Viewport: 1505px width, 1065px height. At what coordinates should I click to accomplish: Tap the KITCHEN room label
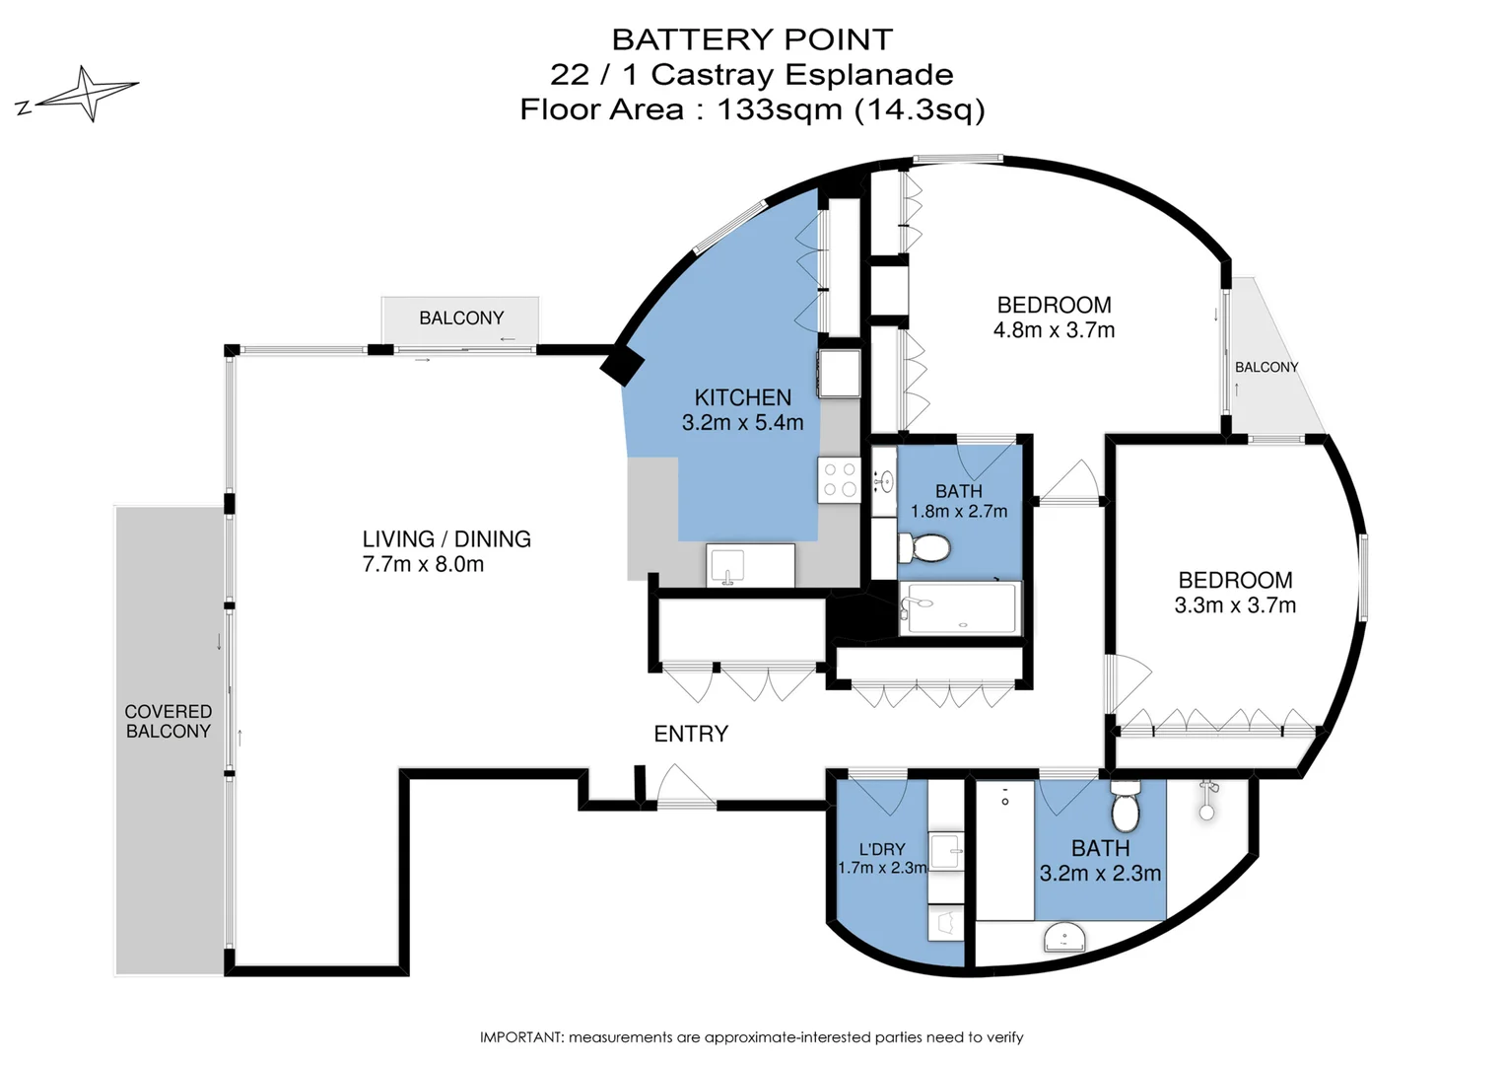(x=742, y=397)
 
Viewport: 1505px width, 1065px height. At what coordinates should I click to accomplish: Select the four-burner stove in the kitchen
(x=839, y=480)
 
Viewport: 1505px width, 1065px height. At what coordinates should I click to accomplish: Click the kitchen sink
(x=729, y=567)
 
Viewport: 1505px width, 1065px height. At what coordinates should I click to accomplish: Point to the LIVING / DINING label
(x=446, y=539)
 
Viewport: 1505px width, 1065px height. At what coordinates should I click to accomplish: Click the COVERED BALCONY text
(x=169, y=721)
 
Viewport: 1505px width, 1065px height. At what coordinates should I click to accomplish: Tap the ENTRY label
(x=691, y=734)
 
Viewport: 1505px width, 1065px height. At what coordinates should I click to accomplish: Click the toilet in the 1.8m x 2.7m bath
(x=924, y=547)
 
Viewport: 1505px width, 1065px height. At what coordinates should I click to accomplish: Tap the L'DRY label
(x=881, y=849)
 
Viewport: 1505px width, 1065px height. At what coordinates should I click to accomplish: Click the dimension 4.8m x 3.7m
(x=1054, y=330)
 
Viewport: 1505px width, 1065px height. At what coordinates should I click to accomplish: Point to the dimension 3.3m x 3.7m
(x=1235, y=605)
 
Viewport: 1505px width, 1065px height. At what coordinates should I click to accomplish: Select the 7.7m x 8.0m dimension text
(x=423, y=565)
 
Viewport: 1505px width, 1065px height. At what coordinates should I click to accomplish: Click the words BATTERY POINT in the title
(x=752, y=39)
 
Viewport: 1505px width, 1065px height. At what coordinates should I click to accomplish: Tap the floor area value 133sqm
(x=779, y=108)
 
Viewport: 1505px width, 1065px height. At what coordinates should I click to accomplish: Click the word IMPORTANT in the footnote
(x=521, y=1037)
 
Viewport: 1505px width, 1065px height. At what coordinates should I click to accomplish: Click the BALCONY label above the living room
(x=461, y=318)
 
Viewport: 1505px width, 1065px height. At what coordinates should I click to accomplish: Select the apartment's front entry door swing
(x=685, y=786)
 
